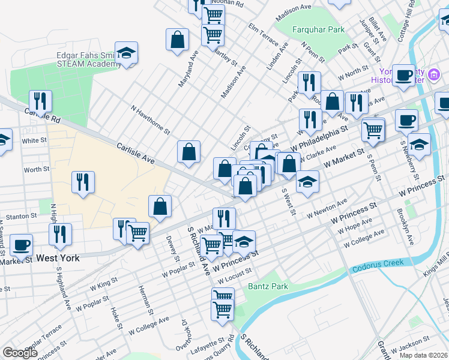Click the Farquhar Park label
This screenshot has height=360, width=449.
tap(318, 29)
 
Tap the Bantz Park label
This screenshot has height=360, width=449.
tap(268, 286)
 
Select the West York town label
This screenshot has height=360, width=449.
tap(58, 258)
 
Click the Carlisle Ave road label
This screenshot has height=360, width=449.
tap(136, 154)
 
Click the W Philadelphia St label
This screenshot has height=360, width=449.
tap(319, 139)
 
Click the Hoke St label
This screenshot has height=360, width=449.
tap(116, 318)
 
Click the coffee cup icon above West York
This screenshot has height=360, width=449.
tap(21, 244)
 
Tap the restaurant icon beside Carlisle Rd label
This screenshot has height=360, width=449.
tap(41, 100)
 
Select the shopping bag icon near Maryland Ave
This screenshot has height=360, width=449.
tap(178, 40)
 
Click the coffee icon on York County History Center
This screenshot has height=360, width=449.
tap(405, 75)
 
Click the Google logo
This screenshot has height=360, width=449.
tap(20, 353)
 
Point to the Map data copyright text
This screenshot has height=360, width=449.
tap(423, 355)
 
